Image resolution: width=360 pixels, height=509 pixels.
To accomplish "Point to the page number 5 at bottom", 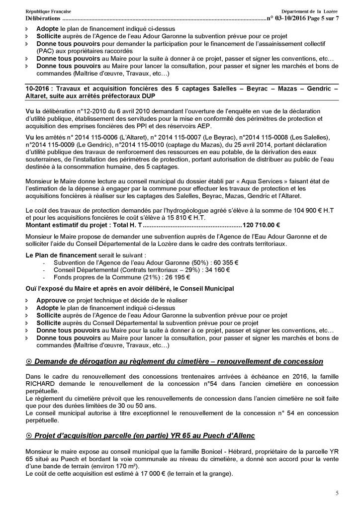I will click(x=337, y=493).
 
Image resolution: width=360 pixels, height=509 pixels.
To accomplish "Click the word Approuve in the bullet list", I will click(x=51, y=301).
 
